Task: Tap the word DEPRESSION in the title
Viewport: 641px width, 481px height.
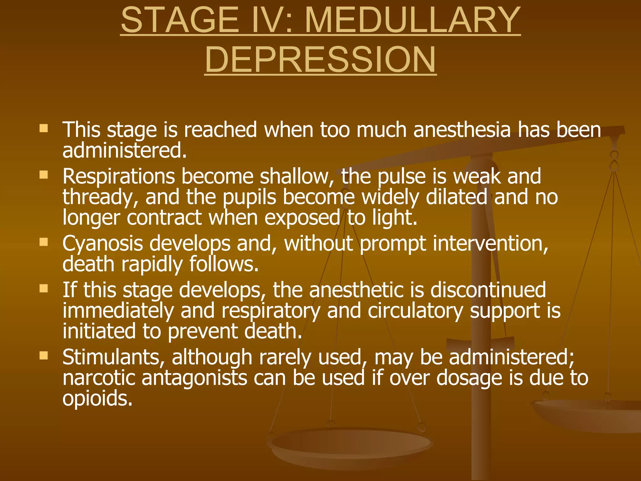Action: pos(320,59)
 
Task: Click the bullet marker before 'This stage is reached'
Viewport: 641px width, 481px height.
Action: pos(44,128)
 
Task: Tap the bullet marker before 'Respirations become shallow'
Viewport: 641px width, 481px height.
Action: pos(44,174)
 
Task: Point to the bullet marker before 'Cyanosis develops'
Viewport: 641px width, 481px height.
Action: pos(44,242)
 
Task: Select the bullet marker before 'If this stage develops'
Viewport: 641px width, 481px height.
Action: pos(44,288)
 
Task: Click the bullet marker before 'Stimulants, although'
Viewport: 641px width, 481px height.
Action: pos(44,355)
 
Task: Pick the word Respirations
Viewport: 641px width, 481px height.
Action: pos(119,177)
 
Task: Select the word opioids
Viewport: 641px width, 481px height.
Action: pos(97,398)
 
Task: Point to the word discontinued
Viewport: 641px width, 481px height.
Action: pos(488,290)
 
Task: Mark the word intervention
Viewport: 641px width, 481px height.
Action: pos(490,244)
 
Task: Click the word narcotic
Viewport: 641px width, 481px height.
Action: pos(99,378)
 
